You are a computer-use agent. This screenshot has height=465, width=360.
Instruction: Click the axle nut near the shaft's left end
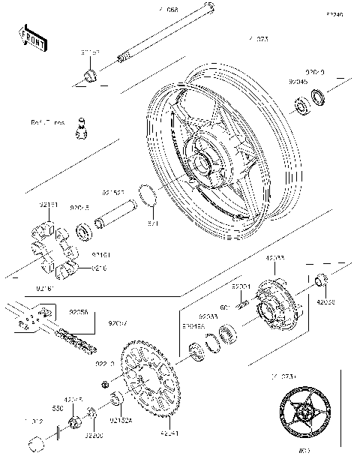click(88, 74)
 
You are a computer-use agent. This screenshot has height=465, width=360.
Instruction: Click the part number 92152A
click(121, 421)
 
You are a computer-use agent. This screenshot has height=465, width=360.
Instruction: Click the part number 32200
click(94, 435)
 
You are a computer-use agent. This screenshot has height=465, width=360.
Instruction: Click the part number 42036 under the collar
click(326, 302)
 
